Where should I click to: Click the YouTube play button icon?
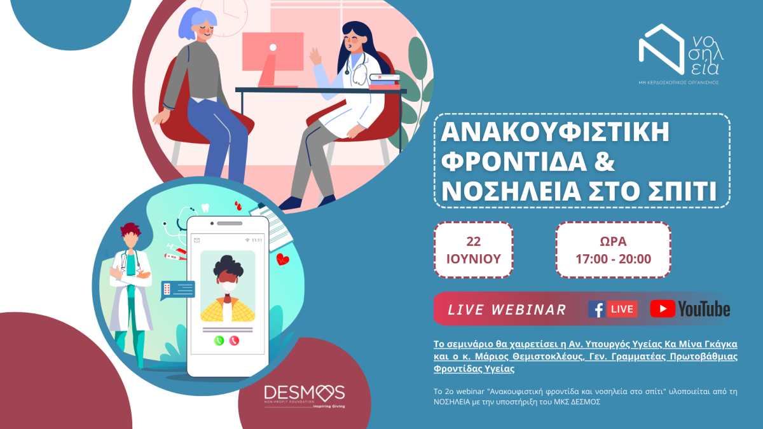[x=663, y=309]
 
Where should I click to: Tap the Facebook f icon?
[x=597, y=309]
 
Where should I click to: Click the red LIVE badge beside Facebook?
[x=622, y=309]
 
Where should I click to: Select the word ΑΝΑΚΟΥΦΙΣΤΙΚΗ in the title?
[x=555, y=132]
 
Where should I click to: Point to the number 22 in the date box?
[x=474, y=242]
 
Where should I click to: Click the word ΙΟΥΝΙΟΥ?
[x=474, y=259]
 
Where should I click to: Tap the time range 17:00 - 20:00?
[x=613, y=259]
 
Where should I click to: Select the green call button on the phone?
[x=219, y=341]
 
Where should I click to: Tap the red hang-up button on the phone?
[x=234, y=341]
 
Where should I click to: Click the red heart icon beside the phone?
[x=282, y=259]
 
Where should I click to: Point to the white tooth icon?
[x=205, y=207]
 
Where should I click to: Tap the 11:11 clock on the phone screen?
[x=257, y=240]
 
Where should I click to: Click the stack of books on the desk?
[x=385, y=82]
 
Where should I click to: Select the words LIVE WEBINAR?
[x=507, y=310]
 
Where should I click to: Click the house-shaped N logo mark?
[x=661, y=49]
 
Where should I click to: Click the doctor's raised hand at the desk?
[x=315, y=57]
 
